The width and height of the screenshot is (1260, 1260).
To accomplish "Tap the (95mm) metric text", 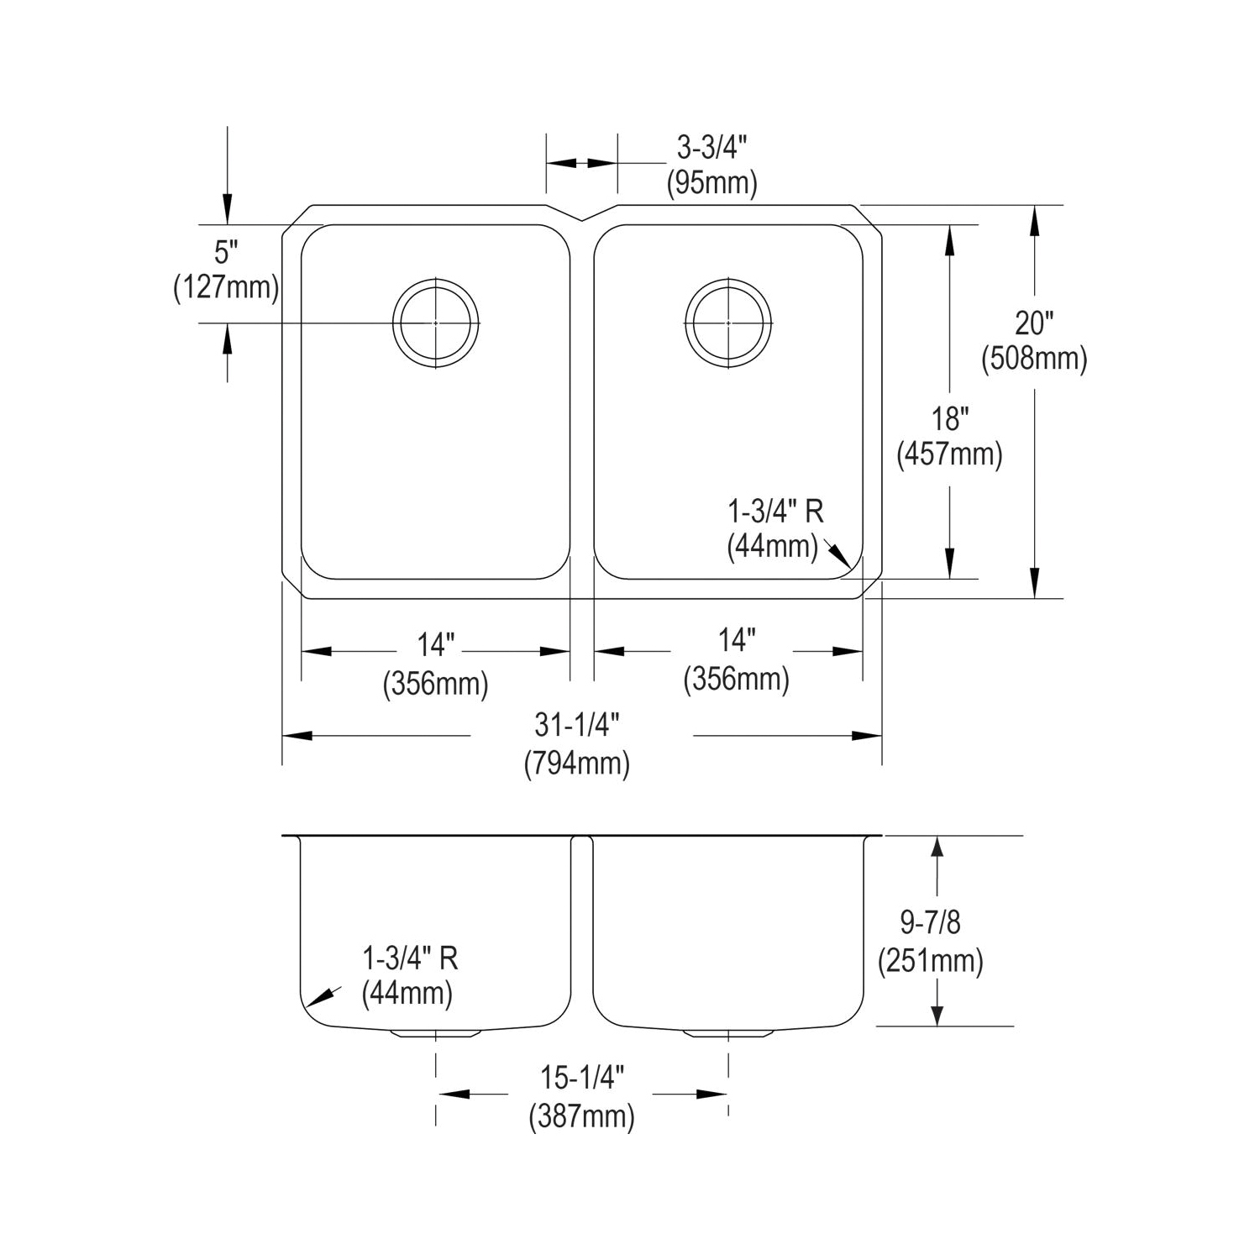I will click(711, 182).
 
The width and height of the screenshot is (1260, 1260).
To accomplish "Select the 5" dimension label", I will click(226, 251).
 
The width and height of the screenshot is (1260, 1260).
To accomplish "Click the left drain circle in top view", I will click(435, 323).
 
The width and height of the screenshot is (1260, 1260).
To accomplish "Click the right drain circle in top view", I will click(727, 323).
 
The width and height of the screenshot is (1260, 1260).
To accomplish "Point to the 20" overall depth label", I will click(1034, 323).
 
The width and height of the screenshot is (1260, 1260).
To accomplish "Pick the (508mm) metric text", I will click(1034, 359).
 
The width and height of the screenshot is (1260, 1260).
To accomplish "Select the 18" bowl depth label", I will click(950, 418).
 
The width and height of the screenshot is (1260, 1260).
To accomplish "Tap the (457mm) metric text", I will click(950, 454).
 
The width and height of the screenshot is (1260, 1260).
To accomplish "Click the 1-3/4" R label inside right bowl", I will click(775, 511).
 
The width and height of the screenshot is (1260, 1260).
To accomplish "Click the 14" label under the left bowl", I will click(435, 645).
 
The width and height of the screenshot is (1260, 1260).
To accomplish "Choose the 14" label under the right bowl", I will click(736, 641).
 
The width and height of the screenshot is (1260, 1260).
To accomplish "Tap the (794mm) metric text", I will click(577, 764).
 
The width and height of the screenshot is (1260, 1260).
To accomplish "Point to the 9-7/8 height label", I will click(930, 923).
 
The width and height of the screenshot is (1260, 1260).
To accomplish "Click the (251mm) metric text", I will click(930, 960).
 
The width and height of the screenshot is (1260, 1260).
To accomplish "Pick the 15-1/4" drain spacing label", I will click(581, 1079).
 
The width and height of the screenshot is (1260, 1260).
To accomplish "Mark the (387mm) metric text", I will click(581, 1117).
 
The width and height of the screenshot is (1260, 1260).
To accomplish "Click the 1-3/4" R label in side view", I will click(410, 958).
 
